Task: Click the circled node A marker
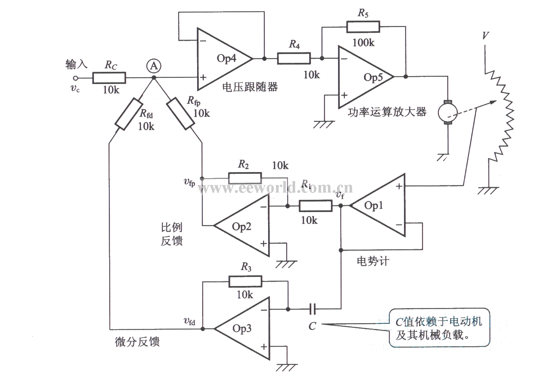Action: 154,66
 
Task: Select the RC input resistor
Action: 109,78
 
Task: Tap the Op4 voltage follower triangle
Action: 223,58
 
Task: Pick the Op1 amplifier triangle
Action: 378,206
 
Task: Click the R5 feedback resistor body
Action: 363,27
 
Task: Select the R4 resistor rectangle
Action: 294,58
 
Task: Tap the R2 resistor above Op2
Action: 245,178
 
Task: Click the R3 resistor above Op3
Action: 245,281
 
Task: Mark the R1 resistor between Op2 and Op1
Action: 315,206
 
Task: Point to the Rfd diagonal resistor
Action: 128,114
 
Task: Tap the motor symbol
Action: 448,113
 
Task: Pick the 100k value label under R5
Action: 363,43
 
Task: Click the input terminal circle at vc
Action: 75,78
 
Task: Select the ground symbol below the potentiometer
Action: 488,190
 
